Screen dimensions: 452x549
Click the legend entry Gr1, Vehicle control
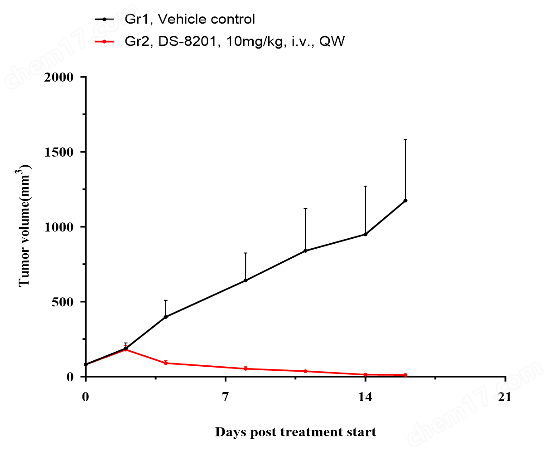click(190, 19)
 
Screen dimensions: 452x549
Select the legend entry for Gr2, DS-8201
click(235, 41)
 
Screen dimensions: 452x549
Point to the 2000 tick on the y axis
click(59, 77)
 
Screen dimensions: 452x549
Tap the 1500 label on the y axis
click(59, 152)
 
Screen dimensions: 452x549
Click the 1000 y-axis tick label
click(59, 227)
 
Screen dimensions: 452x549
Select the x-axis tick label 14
click(365, 397)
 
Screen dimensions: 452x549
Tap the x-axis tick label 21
click(505, 397)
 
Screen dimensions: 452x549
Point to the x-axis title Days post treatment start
click(295, 432)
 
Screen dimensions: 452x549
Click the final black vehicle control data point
click(405, 201)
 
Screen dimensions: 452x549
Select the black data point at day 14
click(365, 234)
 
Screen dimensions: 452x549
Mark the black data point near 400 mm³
click(166, 317)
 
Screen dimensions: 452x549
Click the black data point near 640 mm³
click(246, 280)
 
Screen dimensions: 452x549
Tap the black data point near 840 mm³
click(305, 251)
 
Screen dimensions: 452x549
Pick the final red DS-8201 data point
click(405, 375)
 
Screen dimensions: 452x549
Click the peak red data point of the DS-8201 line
click(125, 349)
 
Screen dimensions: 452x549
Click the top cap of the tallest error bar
click(405, 139)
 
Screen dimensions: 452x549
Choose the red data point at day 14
click(365, 374)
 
